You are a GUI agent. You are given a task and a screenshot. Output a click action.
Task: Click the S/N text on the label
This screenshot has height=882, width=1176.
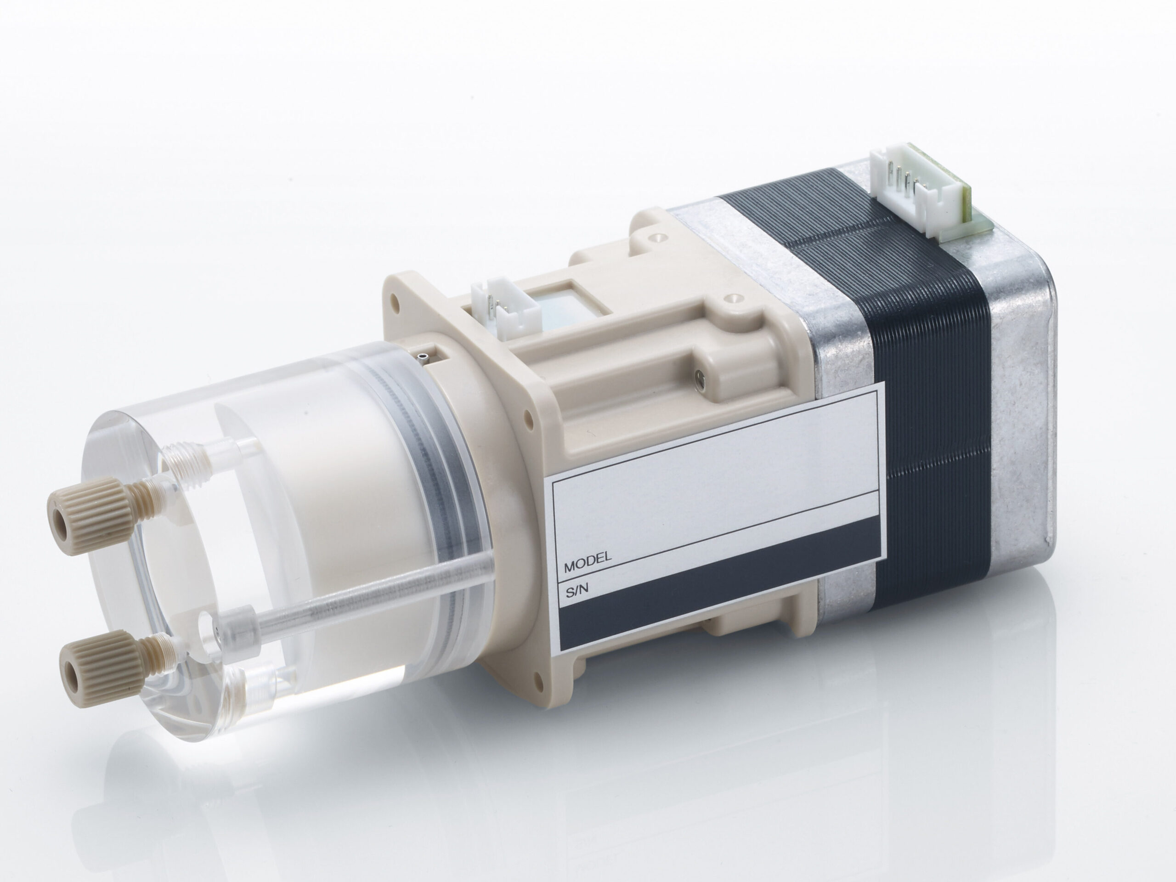coord(578,591)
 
